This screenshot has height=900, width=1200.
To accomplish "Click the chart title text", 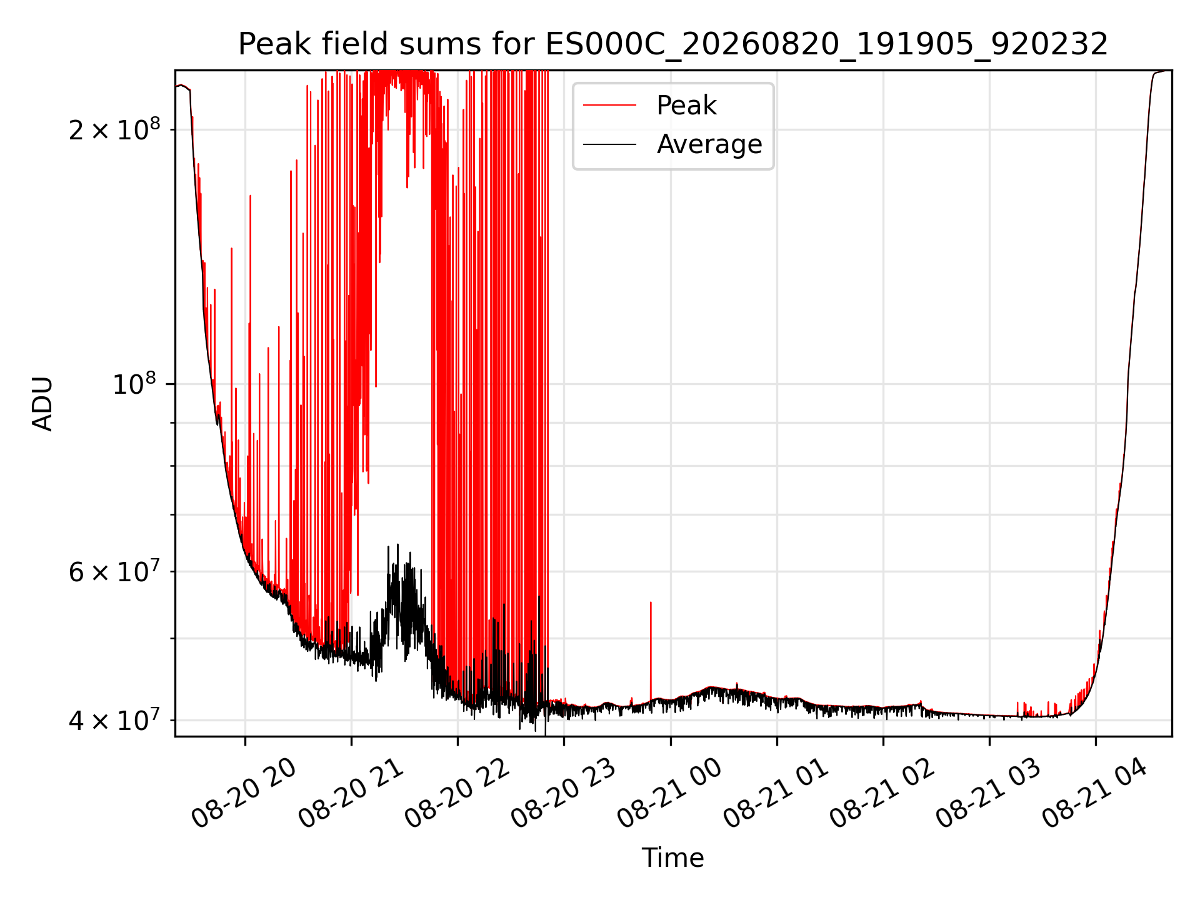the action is coord(673,44).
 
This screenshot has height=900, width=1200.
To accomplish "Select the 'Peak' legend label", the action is coord(686,106).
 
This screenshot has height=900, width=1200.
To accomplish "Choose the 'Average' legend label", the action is coord(709,144).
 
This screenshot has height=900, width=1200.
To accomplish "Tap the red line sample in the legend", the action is coord(609,106).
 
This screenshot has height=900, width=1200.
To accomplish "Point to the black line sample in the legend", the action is coord(609,144).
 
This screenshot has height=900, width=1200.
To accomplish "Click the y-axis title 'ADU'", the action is coord(42,404).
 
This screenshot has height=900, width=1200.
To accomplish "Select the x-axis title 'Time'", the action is coord(673,858).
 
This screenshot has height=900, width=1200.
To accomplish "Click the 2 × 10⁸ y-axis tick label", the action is coord(114,129).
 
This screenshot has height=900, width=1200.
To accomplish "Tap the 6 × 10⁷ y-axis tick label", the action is coord(114,571).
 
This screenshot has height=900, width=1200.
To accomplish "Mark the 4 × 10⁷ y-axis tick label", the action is coord(114,720).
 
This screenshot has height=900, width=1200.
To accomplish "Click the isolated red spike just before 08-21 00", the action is coord(651,650).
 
